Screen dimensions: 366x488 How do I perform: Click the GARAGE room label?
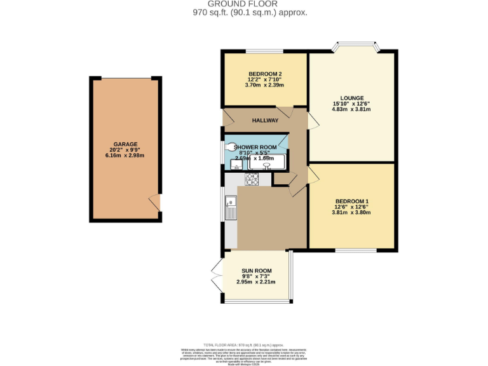click(125, 144)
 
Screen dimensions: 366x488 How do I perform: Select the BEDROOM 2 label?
click(265, 73)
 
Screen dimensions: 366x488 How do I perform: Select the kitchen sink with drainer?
click(230, 207)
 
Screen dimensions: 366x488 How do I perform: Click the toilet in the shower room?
click(230, 147)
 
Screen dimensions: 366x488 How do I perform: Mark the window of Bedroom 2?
click(265, 51)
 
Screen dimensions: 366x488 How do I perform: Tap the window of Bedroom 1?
click(354, 250)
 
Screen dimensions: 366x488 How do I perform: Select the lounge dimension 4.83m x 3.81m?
click(351, 109)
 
